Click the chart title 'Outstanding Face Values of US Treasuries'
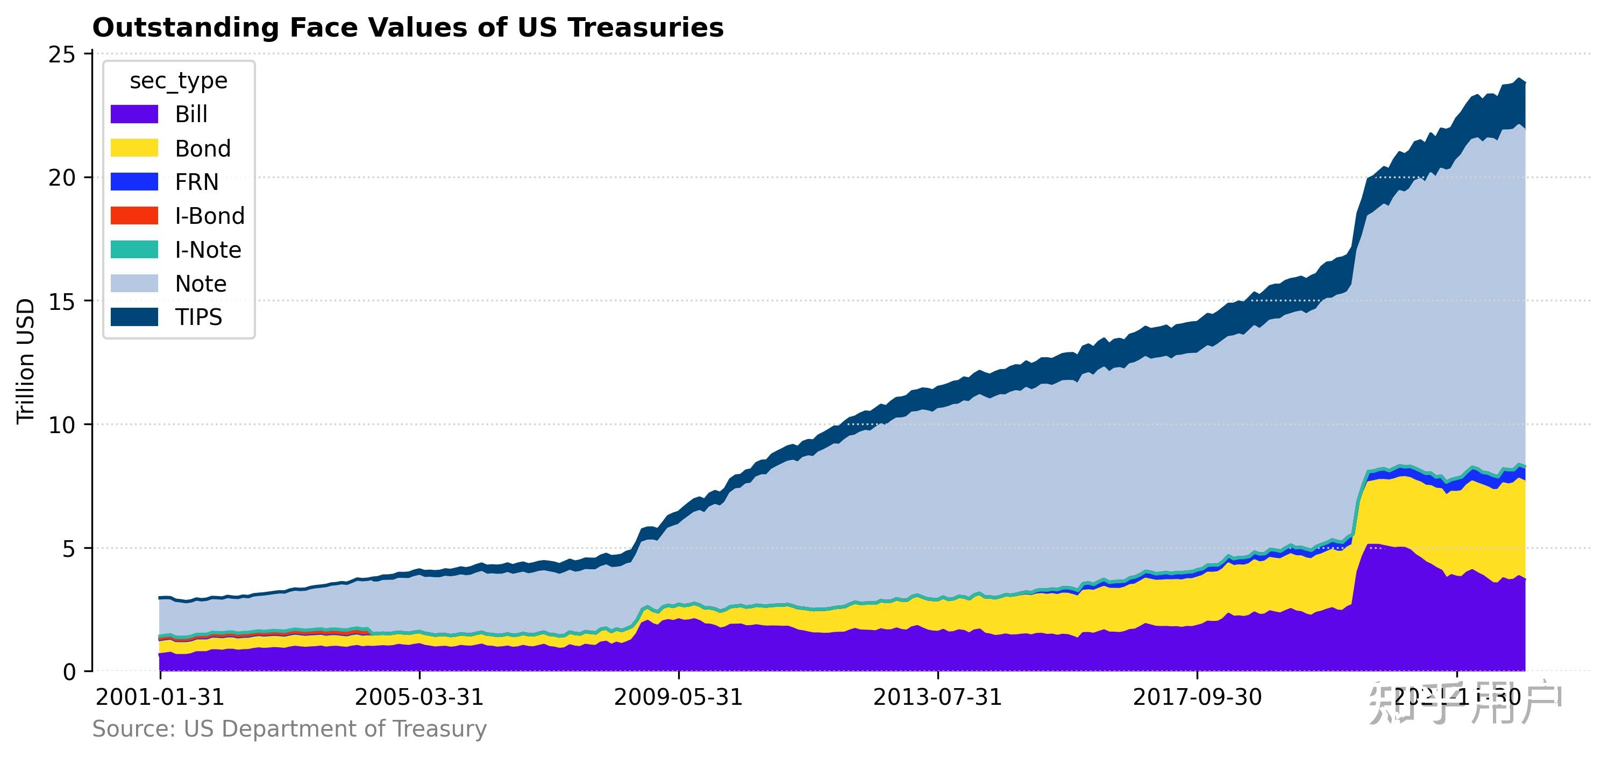(x=408, y=28)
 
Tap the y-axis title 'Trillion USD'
(x=26, y=362)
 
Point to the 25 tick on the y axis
(x=61, y=55)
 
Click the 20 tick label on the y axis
(x=61, y=178)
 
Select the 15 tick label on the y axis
(x=61, y=302)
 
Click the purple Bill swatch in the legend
(x=134, y=114)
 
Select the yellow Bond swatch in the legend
(x=134, y=148)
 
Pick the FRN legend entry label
(x=197, y=182)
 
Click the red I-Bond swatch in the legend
(x=134, y=216)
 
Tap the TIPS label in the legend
(x=198, y=317)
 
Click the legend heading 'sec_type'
(x=179, y=81)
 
